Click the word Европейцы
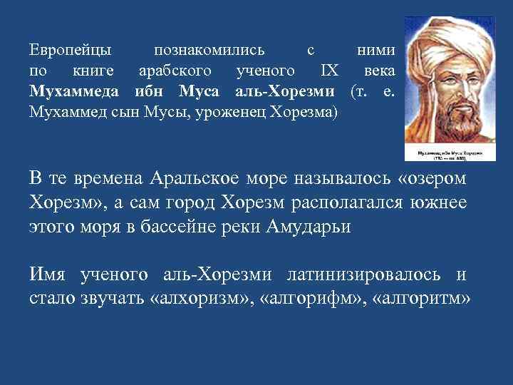(71, 51)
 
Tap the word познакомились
(209, 51)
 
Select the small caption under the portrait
(444, 154)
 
